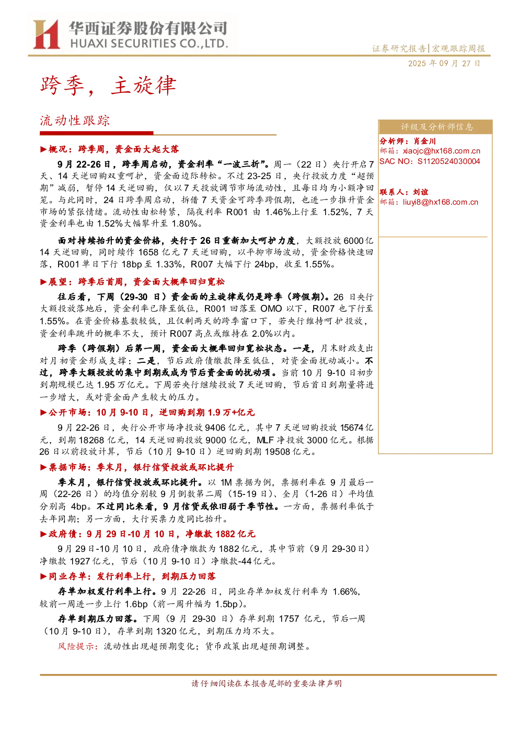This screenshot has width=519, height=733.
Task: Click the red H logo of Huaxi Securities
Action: [47, 34]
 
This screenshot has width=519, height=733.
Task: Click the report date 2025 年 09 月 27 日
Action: [444, 64]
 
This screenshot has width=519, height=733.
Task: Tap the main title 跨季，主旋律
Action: [108, 86]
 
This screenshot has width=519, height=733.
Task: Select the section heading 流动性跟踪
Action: [75, 121]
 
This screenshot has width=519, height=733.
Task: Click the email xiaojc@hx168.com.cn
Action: [441, 151]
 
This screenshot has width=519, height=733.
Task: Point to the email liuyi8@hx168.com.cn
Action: [441, 202]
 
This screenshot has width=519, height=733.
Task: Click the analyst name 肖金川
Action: [424, 141]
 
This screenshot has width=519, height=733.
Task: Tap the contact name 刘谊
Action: [421, 192]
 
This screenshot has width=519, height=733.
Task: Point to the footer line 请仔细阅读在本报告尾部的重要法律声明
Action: [267, 683]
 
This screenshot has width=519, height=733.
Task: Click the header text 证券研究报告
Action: [399, 49]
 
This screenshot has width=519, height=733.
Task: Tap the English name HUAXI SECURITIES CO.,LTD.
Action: [149, 43]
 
